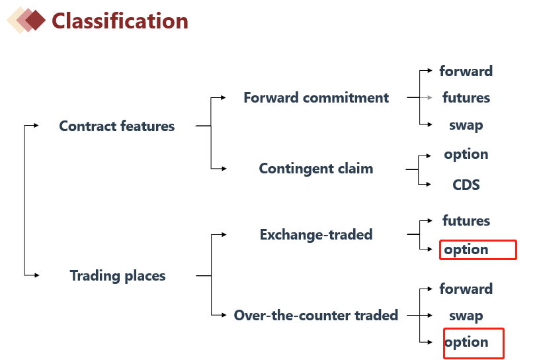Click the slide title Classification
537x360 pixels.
pyautogui.click(x=120, y=21)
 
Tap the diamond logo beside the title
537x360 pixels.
pyautogui.click(x=26, y=21)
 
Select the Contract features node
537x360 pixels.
pyautogui.click(x=117, y=126)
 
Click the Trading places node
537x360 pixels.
pyautogui.click(x=118, y=276)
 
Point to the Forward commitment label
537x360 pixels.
pyautogui.click(x=316, y=98)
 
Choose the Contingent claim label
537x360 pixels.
pyautogui.click(x=316, y=169)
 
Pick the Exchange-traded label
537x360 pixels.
pyautogui.click(x=316, y=234)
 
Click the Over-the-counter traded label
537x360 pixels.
pyautogui.click(x=316, y=315)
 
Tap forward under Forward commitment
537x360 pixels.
pyautogui.click(x=466, y=71)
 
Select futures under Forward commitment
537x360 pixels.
pyautogui.click(x=466, y=98)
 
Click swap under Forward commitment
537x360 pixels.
pyautogui.click(x=466, y=125)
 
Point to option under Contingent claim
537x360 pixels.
pyautogui.click(x=466, y=154)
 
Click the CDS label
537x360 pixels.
pyautogui.click(x=466, y=185)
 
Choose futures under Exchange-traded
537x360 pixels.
pyautogui.click(x=466, y=221)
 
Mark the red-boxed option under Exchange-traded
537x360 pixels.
pyautogui.click(x=467, y=249)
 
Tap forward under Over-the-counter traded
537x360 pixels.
pyautogui.click(x=466, y=289)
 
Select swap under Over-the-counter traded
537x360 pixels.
pyautogui.click(x=466, y=316)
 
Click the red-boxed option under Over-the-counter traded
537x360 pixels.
pyautogui.click(x=467, y=342)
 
